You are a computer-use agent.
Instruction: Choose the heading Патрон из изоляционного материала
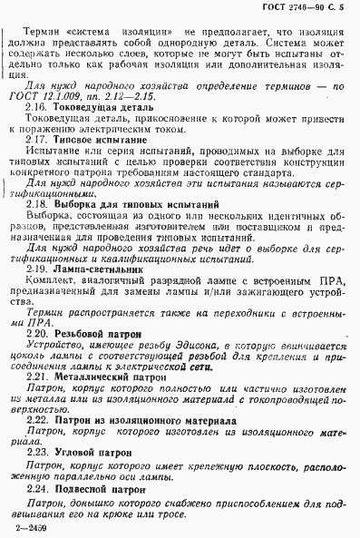point(134,422)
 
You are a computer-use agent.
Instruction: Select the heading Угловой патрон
point(90,453)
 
